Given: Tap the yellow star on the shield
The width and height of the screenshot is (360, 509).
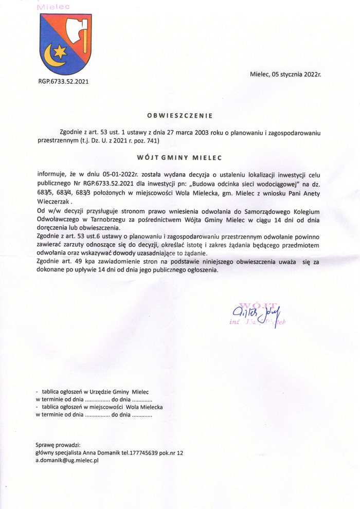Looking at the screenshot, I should tap(60, 51).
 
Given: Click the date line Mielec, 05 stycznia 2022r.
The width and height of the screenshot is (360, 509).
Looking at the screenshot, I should tap(285, 74).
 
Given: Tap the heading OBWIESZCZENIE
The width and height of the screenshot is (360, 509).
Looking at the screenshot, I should tap(179, 115).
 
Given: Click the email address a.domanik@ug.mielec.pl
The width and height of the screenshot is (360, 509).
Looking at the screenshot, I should tap(67, 461).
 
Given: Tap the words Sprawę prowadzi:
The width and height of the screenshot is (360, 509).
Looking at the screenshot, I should tap(58, 445).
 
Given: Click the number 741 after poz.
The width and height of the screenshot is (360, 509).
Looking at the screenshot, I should tap(153, 140).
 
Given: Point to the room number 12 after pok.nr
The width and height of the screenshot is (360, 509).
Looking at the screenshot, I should tap(179, 453).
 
